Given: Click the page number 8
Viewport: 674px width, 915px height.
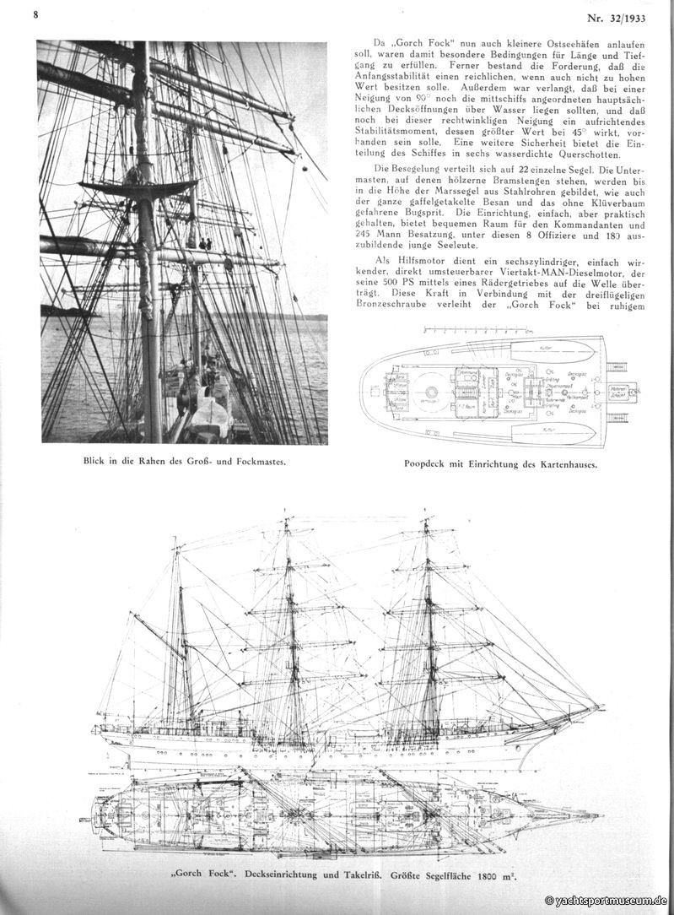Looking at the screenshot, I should (x=36, y=14).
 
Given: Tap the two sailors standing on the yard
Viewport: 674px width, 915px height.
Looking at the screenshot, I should (x=205, y=245).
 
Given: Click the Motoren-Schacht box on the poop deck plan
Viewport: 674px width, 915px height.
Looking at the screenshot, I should (x=601, y=391).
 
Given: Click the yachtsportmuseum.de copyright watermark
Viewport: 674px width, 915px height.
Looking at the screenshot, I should (x=606, y=901).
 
